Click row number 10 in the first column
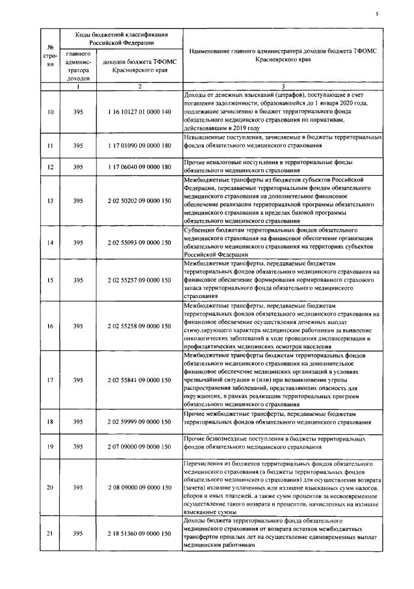click(51, 113)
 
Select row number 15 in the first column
click(51, 280)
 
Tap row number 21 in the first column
click(51, 533)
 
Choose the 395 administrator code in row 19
click(78, 447)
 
